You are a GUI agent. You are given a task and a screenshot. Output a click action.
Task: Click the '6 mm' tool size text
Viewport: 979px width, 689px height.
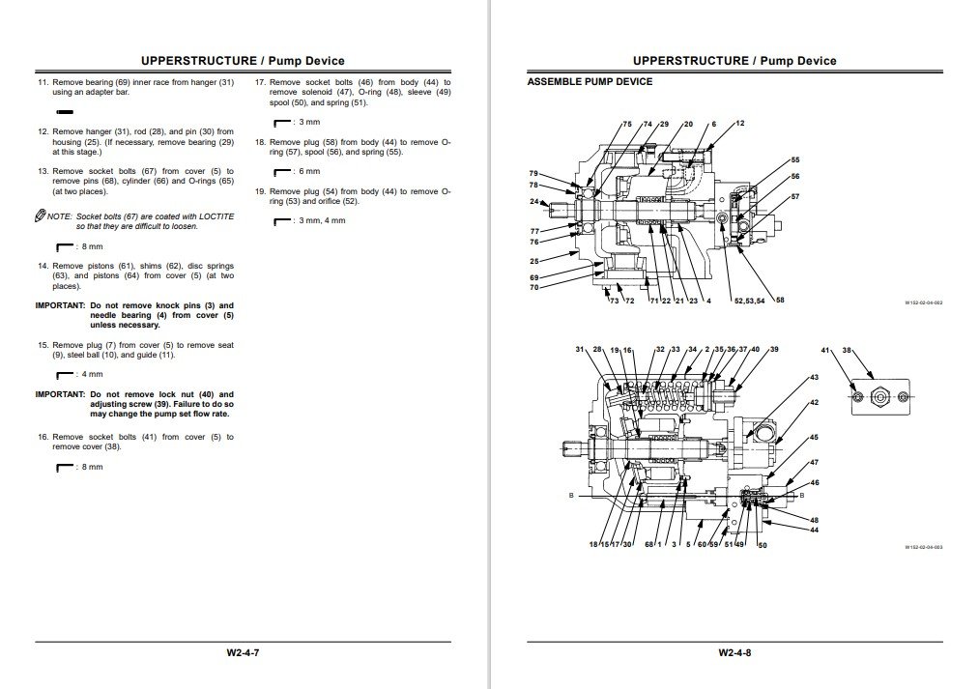click(x=310, y=171)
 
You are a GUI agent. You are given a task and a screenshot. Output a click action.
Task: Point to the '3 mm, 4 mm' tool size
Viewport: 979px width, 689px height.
click(x=323, y=221)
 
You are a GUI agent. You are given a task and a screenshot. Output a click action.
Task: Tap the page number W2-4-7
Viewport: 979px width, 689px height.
click(x=243, y=653)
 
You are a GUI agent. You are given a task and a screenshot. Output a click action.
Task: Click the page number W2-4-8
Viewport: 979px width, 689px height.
click(x=734, y=653)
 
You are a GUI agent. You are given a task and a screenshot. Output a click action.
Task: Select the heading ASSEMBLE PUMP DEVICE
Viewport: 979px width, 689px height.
click(x=590, y=82)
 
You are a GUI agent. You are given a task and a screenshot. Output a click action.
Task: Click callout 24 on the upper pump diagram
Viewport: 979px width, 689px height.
click(x=533, y=201)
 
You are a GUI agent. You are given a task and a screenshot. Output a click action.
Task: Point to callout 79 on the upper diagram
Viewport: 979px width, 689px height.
click(x=533, y=173)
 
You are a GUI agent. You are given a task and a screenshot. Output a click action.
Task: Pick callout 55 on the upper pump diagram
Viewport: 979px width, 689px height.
click(x=795, y=159)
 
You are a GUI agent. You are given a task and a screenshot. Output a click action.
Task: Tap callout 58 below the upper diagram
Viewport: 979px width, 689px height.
click(x=780, y=301)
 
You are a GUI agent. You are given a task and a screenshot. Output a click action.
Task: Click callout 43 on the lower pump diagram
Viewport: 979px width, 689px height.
click(x=814, y=377)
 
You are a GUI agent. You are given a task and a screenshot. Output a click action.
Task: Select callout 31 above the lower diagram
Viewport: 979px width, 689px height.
click(x=580, y=350)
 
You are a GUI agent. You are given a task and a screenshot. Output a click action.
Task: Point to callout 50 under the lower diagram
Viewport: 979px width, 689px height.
click(x=763, y=547)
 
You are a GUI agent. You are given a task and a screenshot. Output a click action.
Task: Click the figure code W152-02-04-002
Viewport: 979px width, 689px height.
click(x=923, y=302)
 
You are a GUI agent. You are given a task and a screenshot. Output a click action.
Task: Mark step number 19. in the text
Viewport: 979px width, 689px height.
click(x=261, y=191)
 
